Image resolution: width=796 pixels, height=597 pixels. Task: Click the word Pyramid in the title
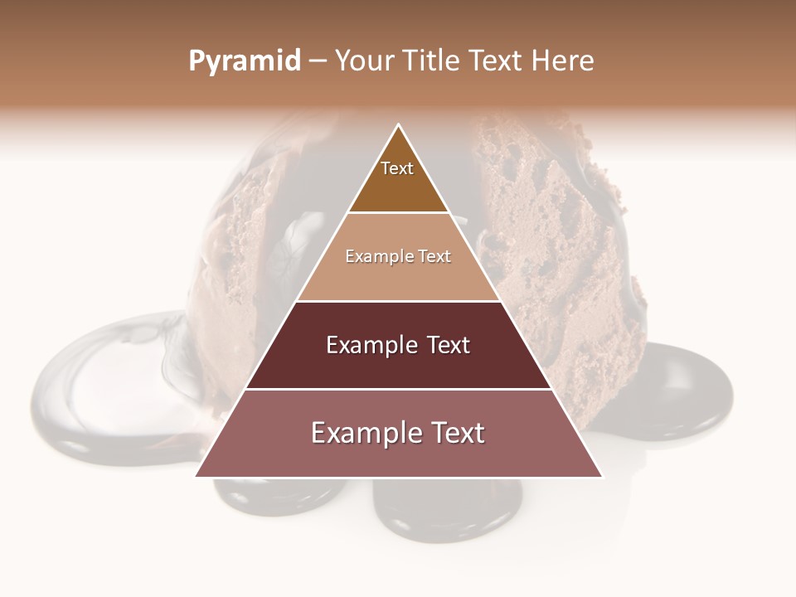[244, 61]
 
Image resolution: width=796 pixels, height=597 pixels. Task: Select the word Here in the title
[563, 61]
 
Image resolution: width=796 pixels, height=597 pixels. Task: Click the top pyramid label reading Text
[397, 168]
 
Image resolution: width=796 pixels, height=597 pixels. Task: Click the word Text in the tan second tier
[435, 257]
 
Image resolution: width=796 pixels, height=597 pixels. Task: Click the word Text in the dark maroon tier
[449, 345]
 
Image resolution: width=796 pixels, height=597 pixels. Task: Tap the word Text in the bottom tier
[455, 433]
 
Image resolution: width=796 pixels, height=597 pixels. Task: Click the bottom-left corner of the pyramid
[197, 476]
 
